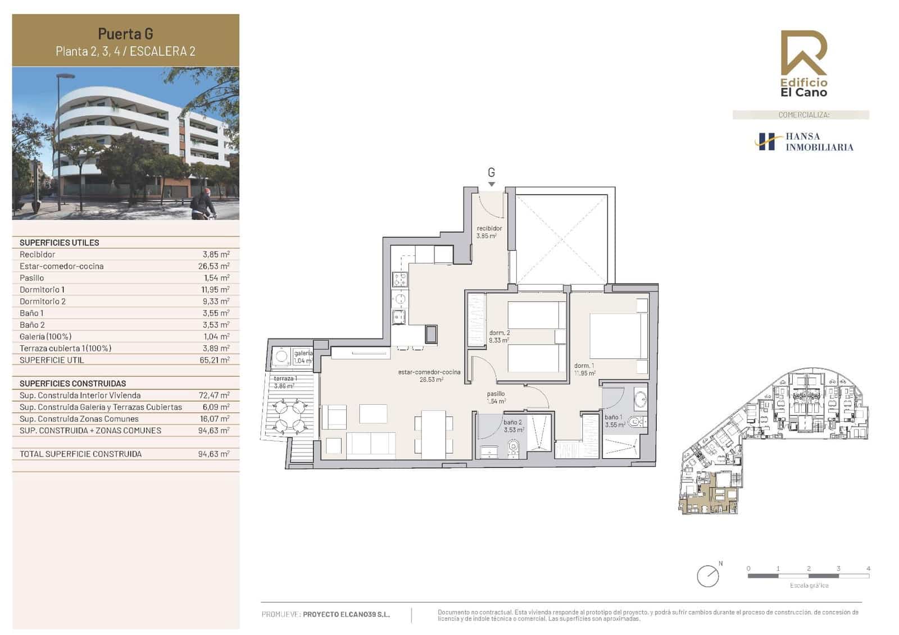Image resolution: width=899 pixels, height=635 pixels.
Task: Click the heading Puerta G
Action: (125, 34)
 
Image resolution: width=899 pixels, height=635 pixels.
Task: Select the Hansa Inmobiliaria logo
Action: (804, 141)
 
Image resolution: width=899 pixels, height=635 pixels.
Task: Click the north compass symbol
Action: (708, 576)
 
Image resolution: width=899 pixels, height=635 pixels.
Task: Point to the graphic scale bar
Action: (808, 575)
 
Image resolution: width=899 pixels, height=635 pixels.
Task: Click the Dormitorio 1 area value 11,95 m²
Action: (216, 290)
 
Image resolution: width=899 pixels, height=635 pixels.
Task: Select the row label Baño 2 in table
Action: (32, 325)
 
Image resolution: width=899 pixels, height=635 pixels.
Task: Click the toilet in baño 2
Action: (512, 447)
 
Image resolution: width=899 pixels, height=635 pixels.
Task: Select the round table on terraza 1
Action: (292, 415)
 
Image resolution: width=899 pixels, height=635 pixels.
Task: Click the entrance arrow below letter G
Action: (492, 184)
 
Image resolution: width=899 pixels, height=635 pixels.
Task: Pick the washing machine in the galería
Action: (280, 355)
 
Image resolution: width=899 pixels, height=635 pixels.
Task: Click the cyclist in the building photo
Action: (202, 204)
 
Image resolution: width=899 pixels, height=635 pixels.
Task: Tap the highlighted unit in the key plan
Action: (709, 494)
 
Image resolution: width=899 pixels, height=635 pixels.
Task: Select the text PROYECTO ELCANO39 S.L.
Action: (346, 614)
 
